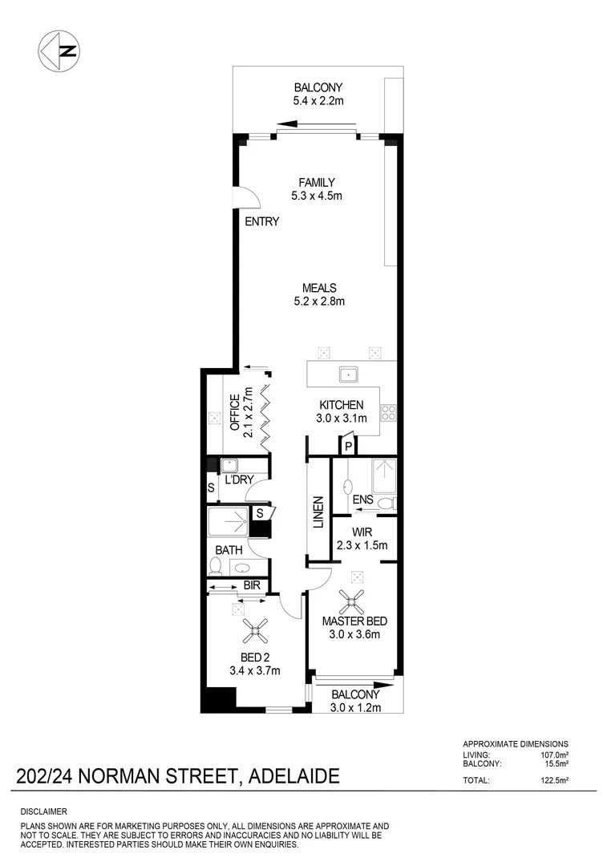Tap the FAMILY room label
coord(317,182)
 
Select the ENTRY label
coord(262,221)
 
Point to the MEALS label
coord(318,288)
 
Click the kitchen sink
coord(349,374)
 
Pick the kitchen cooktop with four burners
coord(389,412)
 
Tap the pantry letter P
coord(350,447)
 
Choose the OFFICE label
coord(236,412)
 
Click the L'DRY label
coord(239,480)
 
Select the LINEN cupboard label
coord(318,511)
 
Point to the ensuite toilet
coord(385,504)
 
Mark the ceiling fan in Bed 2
coord(256,632)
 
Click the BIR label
coord(252,586)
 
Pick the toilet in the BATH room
coord(215,567)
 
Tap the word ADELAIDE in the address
coord(294,776)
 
